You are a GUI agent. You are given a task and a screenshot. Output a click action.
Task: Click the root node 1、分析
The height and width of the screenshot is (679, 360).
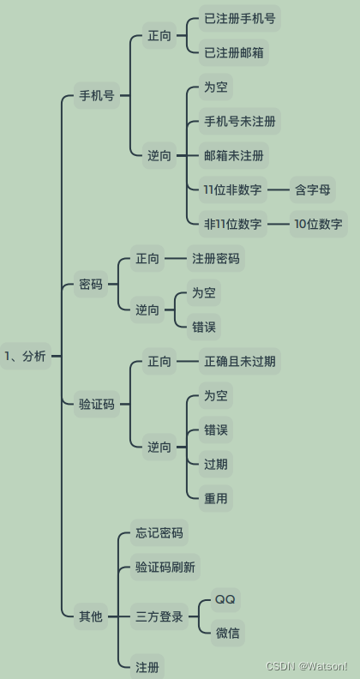pos(26,356)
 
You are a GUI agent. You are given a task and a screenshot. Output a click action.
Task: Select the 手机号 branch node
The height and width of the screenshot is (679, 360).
pos(97,95)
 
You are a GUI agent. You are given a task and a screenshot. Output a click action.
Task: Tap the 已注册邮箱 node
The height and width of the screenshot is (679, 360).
pos(234,53)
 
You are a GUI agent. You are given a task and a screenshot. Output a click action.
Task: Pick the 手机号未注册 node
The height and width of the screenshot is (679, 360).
pos(240,121)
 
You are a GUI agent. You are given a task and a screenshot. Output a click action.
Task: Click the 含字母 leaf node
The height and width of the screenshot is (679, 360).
pos(312,189)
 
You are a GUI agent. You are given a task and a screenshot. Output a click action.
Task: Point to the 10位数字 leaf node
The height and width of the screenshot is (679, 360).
pos(319,224)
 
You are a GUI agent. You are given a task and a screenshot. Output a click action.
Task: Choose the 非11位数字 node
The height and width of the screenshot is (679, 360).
pos(233,224)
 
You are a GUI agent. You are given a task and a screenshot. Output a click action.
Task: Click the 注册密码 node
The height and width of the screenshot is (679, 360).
pos(216,259)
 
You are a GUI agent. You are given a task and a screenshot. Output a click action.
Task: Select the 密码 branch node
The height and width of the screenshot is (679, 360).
pos(91,284)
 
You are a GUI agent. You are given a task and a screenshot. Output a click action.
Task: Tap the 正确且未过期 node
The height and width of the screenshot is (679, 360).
pos(240,361)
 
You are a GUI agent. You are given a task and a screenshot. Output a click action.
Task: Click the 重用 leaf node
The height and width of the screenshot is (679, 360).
pos(216,498)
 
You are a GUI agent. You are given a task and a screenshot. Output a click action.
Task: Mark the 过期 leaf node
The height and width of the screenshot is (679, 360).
pos(216,464)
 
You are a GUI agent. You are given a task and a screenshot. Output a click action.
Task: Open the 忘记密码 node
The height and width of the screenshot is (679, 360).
pos(159,532)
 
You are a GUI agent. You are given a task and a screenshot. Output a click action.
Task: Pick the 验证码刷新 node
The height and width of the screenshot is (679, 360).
pos(165,567)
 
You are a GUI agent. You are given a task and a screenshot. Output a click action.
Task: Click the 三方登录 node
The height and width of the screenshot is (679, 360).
pos(159,616)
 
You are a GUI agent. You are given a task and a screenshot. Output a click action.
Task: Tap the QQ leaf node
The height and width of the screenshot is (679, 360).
pos(225,600)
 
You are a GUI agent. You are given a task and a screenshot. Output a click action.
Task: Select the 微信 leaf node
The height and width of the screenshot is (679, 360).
pos(228,633)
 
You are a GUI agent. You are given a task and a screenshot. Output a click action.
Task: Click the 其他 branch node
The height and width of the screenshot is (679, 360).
pos(91,616)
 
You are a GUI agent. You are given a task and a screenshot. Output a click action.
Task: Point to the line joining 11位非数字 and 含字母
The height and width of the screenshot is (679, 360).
pos(279,189)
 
